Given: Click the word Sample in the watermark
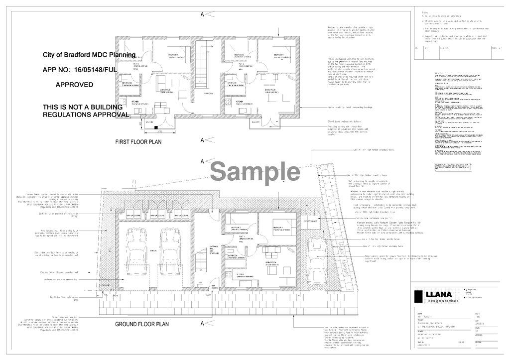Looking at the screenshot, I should [x=255, y=172].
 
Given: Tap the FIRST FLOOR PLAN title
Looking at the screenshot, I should [x=138, y=142].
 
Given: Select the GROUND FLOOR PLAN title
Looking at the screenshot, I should [x=142, y=324].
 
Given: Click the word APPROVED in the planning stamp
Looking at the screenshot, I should [x=74, y=85].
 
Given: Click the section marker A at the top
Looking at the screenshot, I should [x=202, y=14].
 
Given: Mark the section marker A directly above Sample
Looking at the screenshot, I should [x=202, y=161].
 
